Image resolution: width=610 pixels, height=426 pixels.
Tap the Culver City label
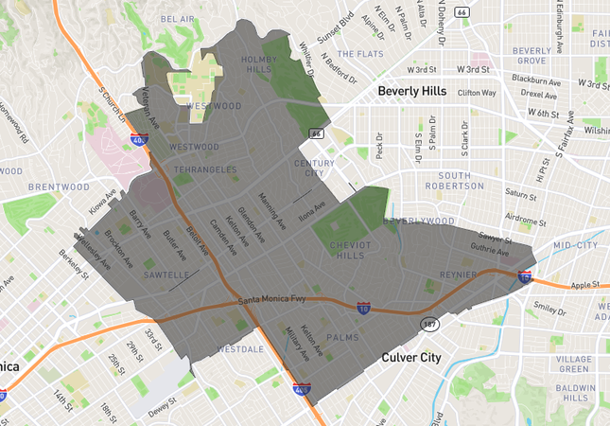[x=411, y=357]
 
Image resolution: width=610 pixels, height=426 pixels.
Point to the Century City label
[x=314, y=168]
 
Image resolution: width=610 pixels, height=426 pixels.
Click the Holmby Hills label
[x=257, y=63]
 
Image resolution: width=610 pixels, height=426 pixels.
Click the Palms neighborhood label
[x=341, y=336]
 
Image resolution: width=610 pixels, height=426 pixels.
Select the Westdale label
[x=240, y=349]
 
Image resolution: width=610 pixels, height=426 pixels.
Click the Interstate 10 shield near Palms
[x=363, y=309]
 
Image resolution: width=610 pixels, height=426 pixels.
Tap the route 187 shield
[x=429, y=324]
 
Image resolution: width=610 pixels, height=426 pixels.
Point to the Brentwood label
[x=59, y=187]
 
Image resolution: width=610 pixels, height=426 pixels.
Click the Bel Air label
[x=177, y=18]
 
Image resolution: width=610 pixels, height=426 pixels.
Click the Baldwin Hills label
[x=573, y=393]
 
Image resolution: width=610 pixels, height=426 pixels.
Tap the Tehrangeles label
[x=205, y=169]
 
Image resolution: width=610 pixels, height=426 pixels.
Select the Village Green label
[x=574, y=364]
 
